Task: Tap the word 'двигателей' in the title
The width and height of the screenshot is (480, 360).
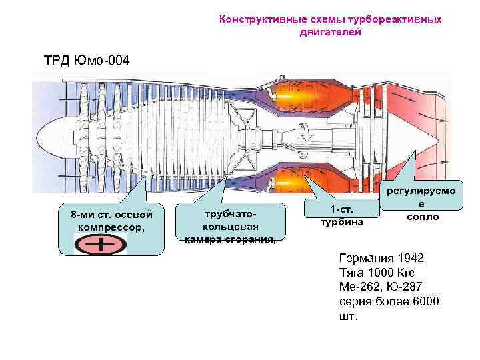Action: point(331,31)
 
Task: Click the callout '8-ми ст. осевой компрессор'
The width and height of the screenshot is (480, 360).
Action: point(111,221)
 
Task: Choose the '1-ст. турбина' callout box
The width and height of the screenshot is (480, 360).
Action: point(341,215)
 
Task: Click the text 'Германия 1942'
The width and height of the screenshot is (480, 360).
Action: point(381,258)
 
